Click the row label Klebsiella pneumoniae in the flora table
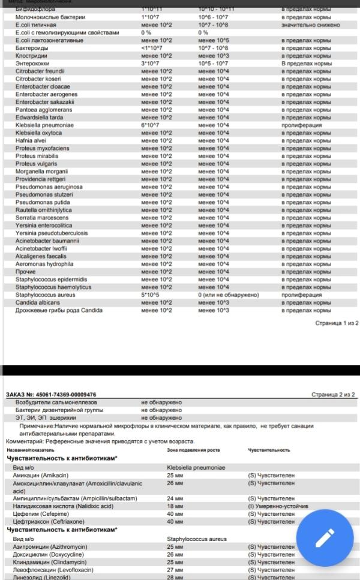coord(44,125)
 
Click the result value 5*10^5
coord(150,295)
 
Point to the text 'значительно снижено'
coord(311,25)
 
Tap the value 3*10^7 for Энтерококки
coord(149,64)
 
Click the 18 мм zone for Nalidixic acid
coord(175,506)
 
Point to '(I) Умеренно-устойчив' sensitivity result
coord(278,506)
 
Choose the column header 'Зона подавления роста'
coord(193,450)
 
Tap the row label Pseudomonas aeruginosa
coord(49,187)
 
